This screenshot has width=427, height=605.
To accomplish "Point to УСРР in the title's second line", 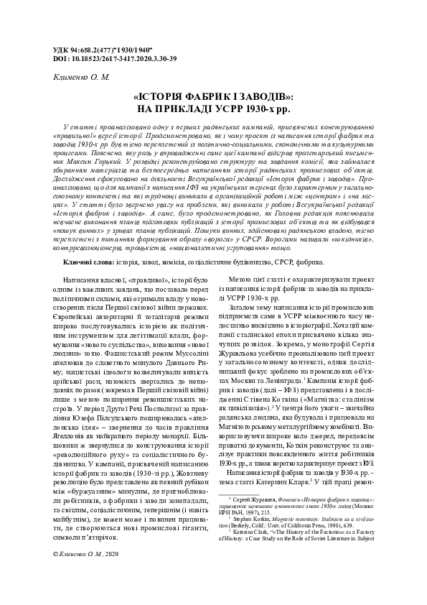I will coord(227,109).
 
